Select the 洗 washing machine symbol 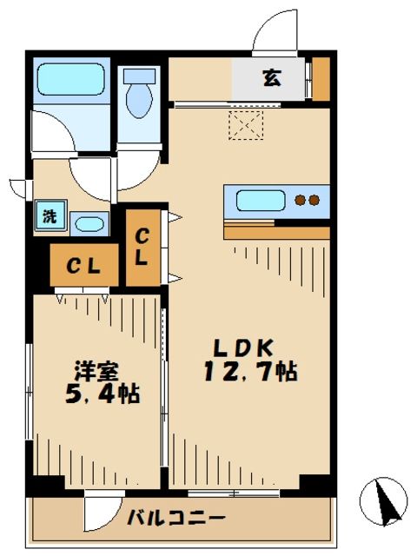pos(49,216)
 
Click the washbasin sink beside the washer pos(87,224)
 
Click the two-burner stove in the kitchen pos(306,201)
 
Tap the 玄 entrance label pos(271,78)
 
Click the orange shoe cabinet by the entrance pos(321,79)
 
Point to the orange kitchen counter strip pos(276,232)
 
